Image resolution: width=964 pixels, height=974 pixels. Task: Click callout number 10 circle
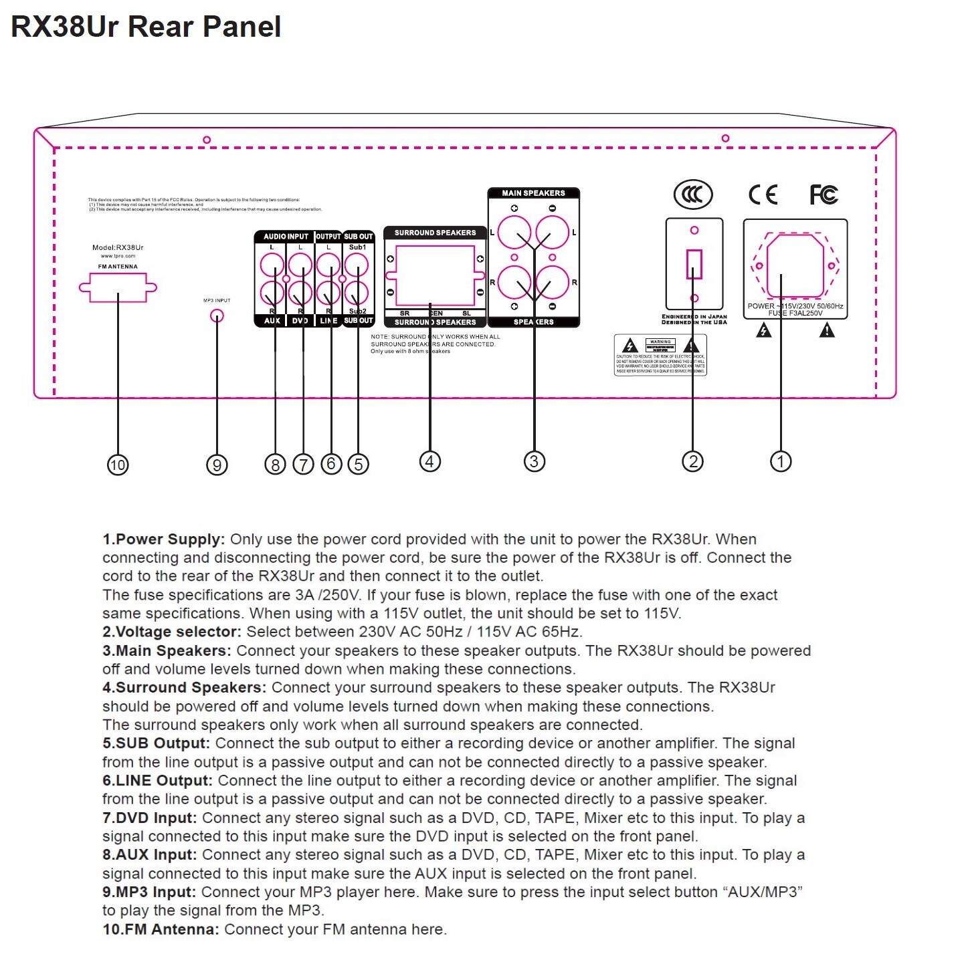pos(118,465)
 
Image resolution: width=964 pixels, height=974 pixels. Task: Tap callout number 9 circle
pos(217,465)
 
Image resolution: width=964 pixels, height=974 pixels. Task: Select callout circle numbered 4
pos(429,461)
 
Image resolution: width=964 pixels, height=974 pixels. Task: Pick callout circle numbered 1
pos(781,461)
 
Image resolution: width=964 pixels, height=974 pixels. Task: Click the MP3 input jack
pos(217,316)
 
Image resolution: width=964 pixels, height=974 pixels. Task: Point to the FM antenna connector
pos(118,288)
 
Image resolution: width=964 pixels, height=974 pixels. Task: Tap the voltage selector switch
pos(694,264)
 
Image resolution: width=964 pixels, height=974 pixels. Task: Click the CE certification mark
pos(763,195)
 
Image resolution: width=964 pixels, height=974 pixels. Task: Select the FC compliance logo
pos(824,195)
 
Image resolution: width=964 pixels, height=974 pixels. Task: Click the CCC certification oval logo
pos(693,195)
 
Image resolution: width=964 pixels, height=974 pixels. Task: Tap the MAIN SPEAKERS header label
pos(533,193)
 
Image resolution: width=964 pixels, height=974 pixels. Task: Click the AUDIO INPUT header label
pos(286,237)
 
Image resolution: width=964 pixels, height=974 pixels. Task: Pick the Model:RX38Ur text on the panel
pos(118,247)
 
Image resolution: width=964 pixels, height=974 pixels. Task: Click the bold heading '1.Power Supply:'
pos(164,539)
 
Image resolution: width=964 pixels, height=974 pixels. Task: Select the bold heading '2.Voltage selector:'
pos(172,632)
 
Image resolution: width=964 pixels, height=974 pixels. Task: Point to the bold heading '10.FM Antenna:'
pos(161,929)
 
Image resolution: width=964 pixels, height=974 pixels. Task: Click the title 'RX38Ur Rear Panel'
pos(146,27)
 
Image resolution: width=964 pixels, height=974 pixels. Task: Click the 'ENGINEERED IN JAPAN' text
pos(694,316)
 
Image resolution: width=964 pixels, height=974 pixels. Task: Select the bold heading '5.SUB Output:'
pos(156,743)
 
